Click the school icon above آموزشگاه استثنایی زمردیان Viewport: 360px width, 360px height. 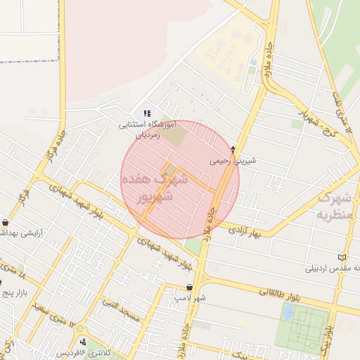pos(147,112)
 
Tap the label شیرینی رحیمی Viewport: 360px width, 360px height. pos(233,160)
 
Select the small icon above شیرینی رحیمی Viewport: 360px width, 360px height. pos(233,149)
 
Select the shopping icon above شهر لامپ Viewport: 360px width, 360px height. pos(191,287)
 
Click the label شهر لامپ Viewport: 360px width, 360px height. pos(191,298)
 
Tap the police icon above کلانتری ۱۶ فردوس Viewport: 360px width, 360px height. pos(85,342)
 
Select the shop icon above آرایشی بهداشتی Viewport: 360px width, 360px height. pos(6,222)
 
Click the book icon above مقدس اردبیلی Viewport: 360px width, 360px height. pos(342,257)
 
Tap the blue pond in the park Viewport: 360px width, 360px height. pos(288,312)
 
